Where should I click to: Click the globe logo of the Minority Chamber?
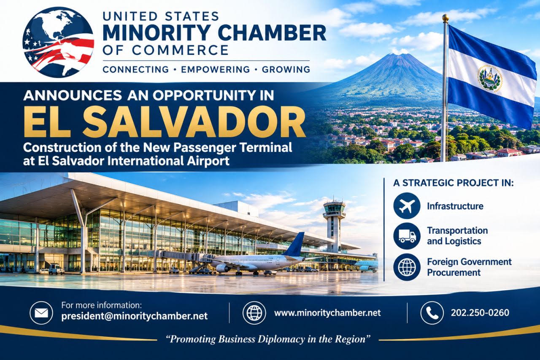(58, 42)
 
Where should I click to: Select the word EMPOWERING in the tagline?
(215, 70)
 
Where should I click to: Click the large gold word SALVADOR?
(194, 122)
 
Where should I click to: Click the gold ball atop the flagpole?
(445, 17)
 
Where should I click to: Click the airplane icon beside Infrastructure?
(407, 206)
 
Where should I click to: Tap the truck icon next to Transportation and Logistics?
(407, 236)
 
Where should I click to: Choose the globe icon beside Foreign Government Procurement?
(407, 267)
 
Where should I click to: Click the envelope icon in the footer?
(41, 313)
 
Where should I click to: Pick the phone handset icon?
(432, 313)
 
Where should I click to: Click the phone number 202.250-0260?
(480, 313)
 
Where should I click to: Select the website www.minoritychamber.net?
(327, 313)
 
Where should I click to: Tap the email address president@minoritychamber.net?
(135, 316)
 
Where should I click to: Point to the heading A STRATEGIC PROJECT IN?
(453, 183)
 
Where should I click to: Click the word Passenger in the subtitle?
(205, 148)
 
